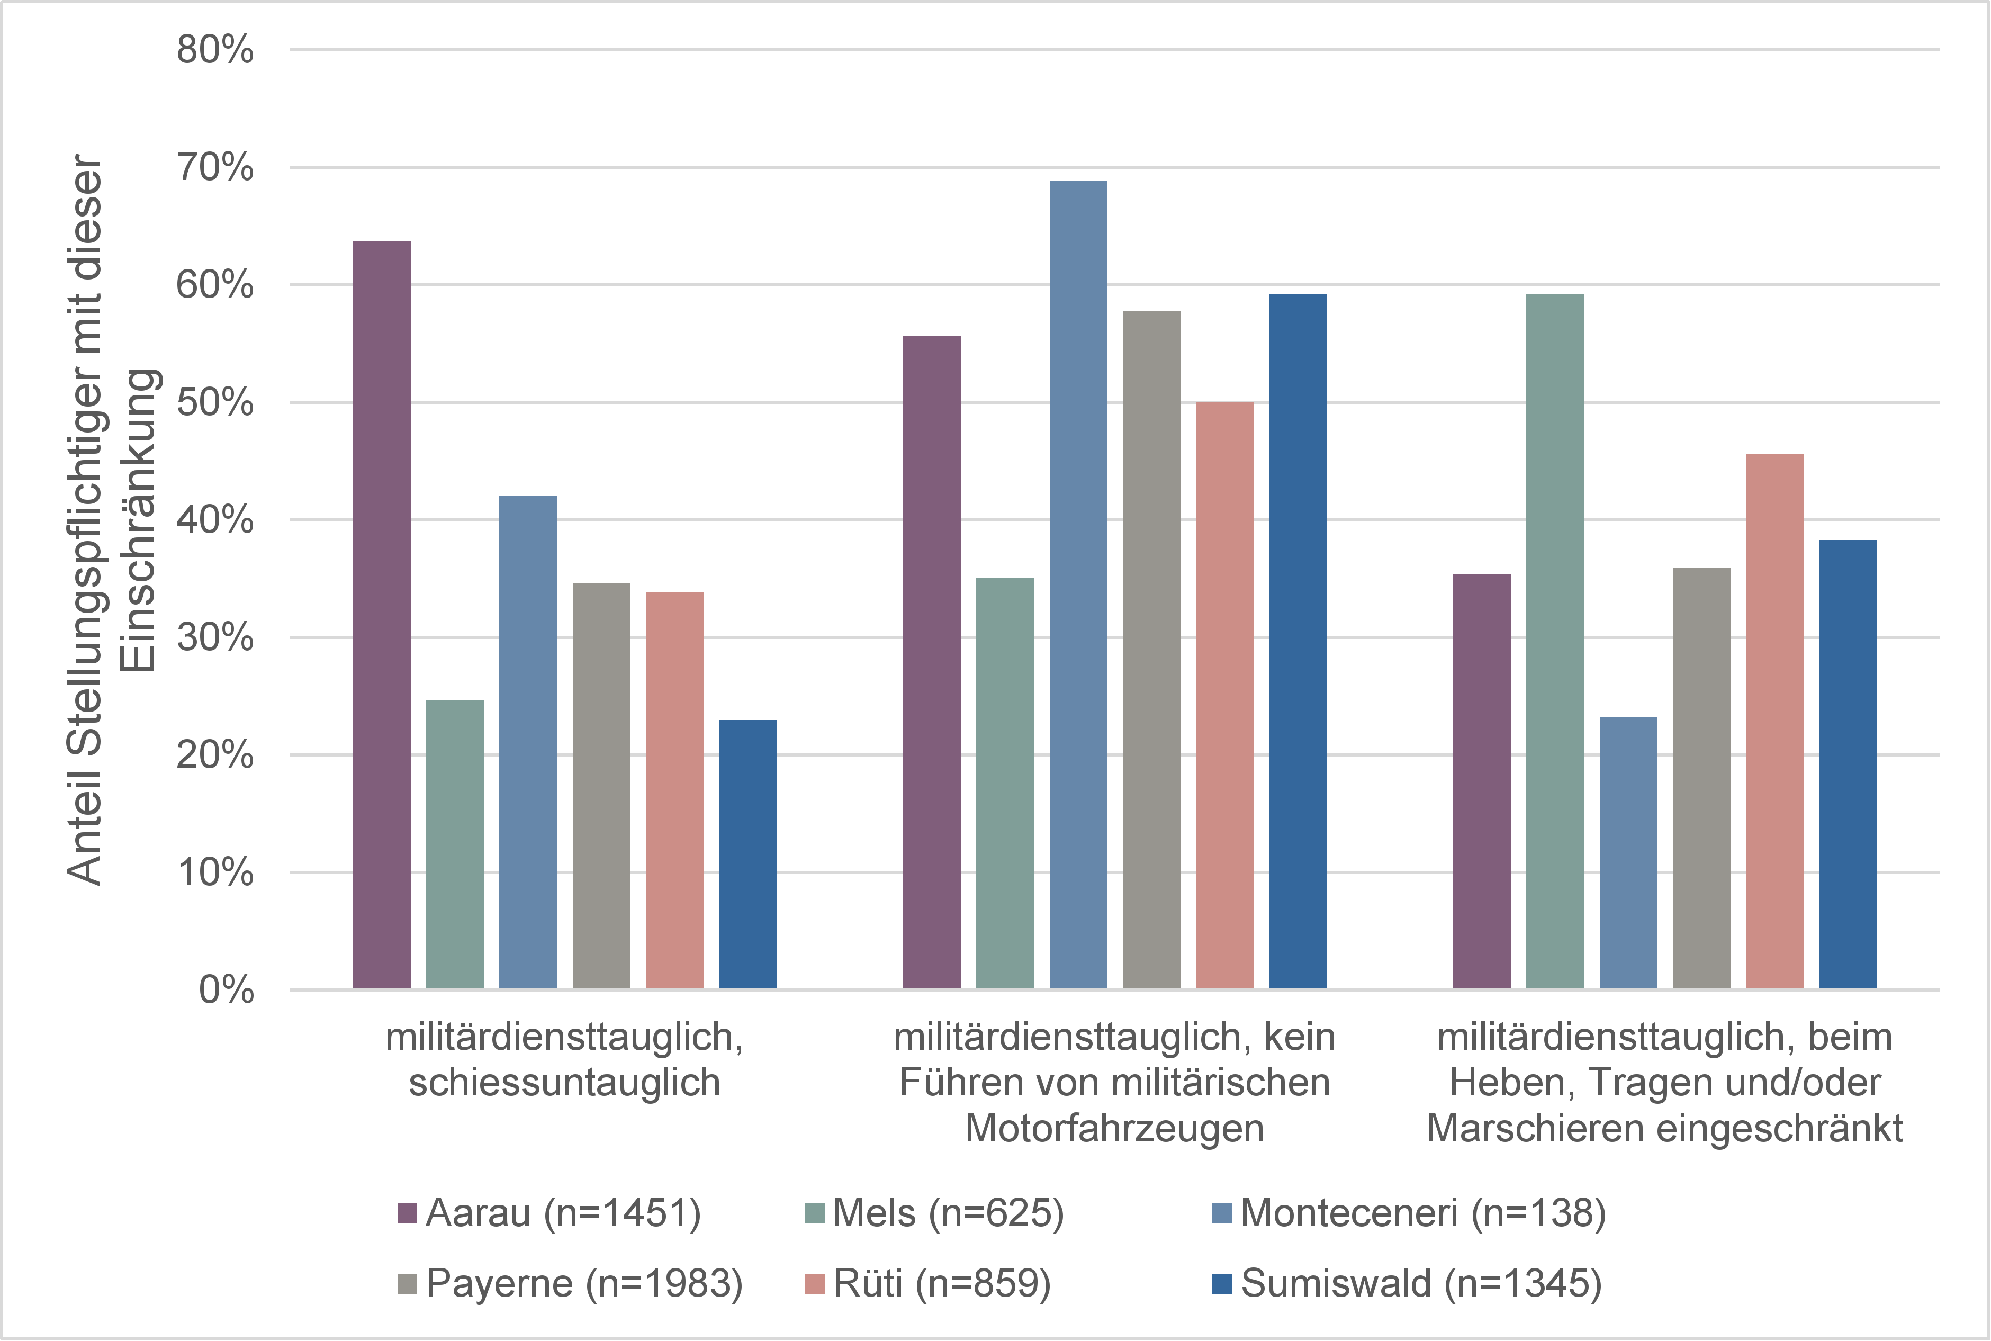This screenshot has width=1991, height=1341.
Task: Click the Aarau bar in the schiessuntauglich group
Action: pyautogui.click(x=382, y=615)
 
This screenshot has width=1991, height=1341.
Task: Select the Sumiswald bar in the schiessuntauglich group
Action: pyautogui.click(x=747, y=854)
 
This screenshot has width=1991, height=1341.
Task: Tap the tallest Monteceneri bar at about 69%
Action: pyautogui.click(x=1078, y=585)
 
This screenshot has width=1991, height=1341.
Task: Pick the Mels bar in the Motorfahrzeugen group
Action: pyautogui.click(x=1004, y=784)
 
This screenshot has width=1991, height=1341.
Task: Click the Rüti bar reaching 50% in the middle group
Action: pyautogui.click(x=1224, y=695)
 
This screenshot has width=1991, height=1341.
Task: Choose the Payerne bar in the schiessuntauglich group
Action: pyautogui.click(x=601, y=786)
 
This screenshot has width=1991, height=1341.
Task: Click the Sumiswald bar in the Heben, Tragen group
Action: pyautogui.click(x=1848, y=764)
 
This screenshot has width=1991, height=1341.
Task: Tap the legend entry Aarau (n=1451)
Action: pyautogui.click(x=549, y=1213)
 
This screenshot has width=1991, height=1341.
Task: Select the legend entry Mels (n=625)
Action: pyautogui.click(x=934, y=1213)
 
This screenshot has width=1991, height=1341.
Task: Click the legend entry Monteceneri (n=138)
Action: pyautogui.click(x=1409, y=1213)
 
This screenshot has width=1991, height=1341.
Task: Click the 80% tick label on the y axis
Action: pyautogui.click(x=215, y=50)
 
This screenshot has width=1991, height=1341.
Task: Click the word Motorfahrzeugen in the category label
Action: pyautogui.click(x=1114, y=1129)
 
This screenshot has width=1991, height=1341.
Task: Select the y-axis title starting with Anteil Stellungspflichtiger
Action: pyautogui.click(x=113, y=520)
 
